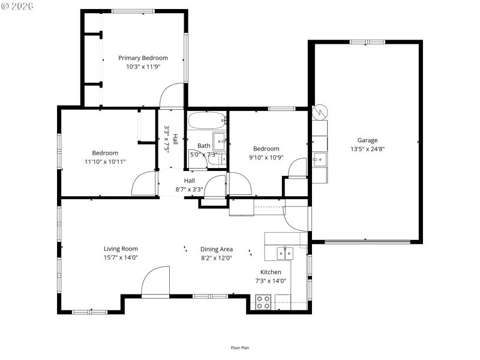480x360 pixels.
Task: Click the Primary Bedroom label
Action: pos(143,58)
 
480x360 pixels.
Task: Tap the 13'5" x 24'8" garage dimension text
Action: pos(367,149)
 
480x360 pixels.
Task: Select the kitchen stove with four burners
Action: pos(263,302)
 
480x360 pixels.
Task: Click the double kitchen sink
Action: pos(284,253)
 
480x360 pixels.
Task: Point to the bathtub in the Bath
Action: pos(207,121)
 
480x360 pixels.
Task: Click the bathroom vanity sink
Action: pos(219,142)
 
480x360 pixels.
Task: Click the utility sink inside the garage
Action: pos(319,160)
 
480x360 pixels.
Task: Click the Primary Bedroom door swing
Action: pos(172,97)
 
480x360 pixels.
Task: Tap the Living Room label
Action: pos(121,249)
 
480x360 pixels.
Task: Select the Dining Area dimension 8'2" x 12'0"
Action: pos(217,258)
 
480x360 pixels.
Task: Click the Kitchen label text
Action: pos(271,272)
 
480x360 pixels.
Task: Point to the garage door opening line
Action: pos(367,242)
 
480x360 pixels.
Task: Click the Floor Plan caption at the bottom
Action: pos(240,347)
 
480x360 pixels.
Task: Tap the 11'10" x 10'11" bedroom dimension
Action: pos(105,161)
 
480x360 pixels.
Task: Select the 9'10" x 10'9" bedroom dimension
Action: pos(266,158)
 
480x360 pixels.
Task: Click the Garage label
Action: pos(367,140)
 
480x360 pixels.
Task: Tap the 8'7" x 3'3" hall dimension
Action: pos(189,189)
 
